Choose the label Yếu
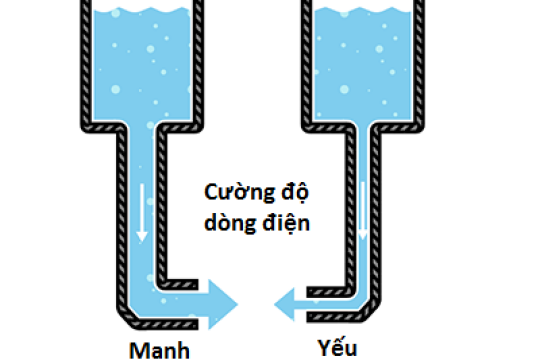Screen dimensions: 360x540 click(x=338, y=349)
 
